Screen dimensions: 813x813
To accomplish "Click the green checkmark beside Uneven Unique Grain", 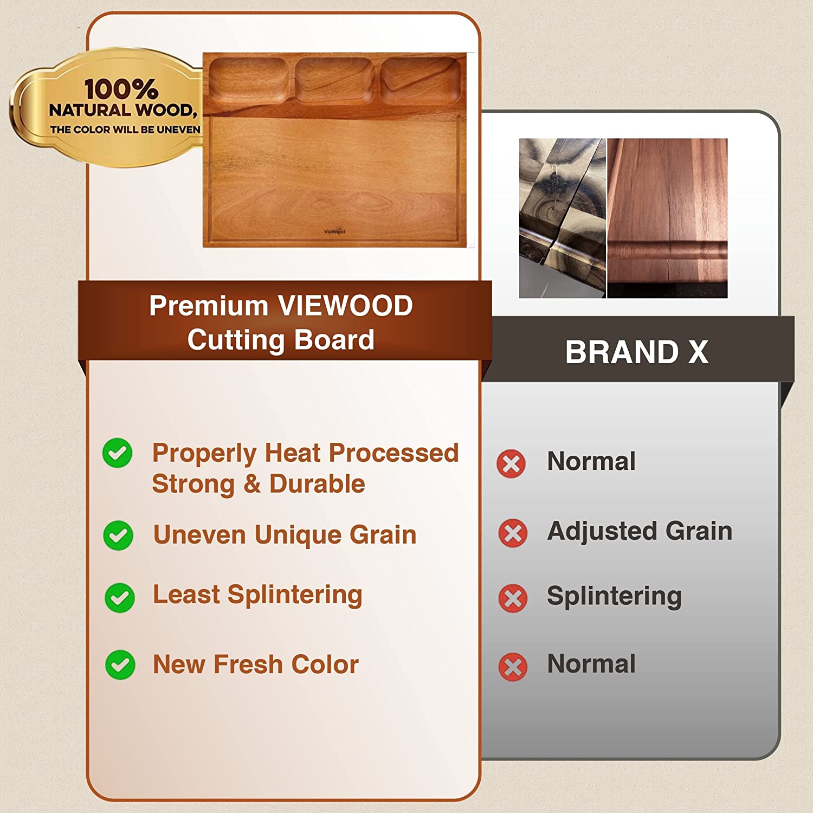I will click(x=118, y=535).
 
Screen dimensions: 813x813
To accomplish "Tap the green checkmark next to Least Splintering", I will click(x=120, y=598).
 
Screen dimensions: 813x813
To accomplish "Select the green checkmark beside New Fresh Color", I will click(x=120, y=664).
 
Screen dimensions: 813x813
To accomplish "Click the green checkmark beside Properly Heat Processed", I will click(x=118, y=453).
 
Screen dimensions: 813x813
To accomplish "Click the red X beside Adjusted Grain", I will click(x=513, y=533).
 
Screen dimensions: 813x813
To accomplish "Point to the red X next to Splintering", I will click(x=513, y=598).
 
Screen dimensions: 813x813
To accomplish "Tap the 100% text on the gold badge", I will click(x=121, y=89).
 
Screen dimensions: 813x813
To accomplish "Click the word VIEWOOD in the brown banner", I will click(x=345, y=306).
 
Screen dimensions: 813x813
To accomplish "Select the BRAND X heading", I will click(x=637, y=352).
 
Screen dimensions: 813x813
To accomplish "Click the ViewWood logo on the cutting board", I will click(x=334, y=231).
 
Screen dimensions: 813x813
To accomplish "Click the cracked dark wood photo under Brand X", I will click(x=562, y=218).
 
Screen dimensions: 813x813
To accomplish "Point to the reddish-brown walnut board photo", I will click(x=667, y=218).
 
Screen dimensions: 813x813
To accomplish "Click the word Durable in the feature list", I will click(x=317, y=484).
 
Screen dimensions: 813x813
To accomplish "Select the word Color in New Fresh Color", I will click(x=325, y=664).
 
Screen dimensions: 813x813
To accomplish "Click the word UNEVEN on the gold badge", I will click(x=178, y=130).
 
